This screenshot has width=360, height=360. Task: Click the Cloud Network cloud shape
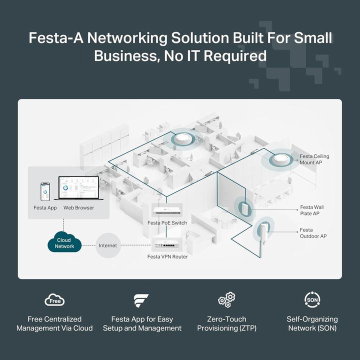pyautogui.click(x=64, y=243)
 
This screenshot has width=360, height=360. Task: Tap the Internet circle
pyautogui.click(x=107, y=245)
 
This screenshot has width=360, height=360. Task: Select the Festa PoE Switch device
pyautogui.click(x=167, y=212)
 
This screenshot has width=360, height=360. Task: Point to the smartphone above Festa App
pyautogui.click(x=45, y=191)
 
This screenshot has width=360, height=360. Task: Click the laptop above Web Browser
pyautogui.click(x=78, y=190)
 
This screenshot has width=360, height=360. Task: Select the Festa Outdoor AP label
pyautogui.click(x=313, y=233)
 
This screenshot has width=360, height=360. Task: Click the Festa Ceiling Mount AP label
pyautogui.click(x=314, y=159)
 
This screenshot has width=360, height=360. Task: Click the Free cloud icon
pyautogui.click(x=54, y=300)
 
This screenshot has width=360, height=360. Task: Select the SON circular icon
pyautogui.click(x=312, y=299)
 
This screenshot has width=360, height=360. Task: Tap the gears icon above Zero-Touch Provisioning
pyautogui.click(x=226, y=300)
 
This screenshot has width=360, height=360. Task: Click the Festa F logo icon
pyautogui.click(x=141, y=300)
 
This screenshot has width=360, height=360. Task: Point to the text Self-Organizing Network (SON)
pyautogui.click(x=312, y=323)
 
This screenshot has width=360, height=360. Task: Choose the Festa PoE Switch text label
pyautogui.click(x=167, y=223)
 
